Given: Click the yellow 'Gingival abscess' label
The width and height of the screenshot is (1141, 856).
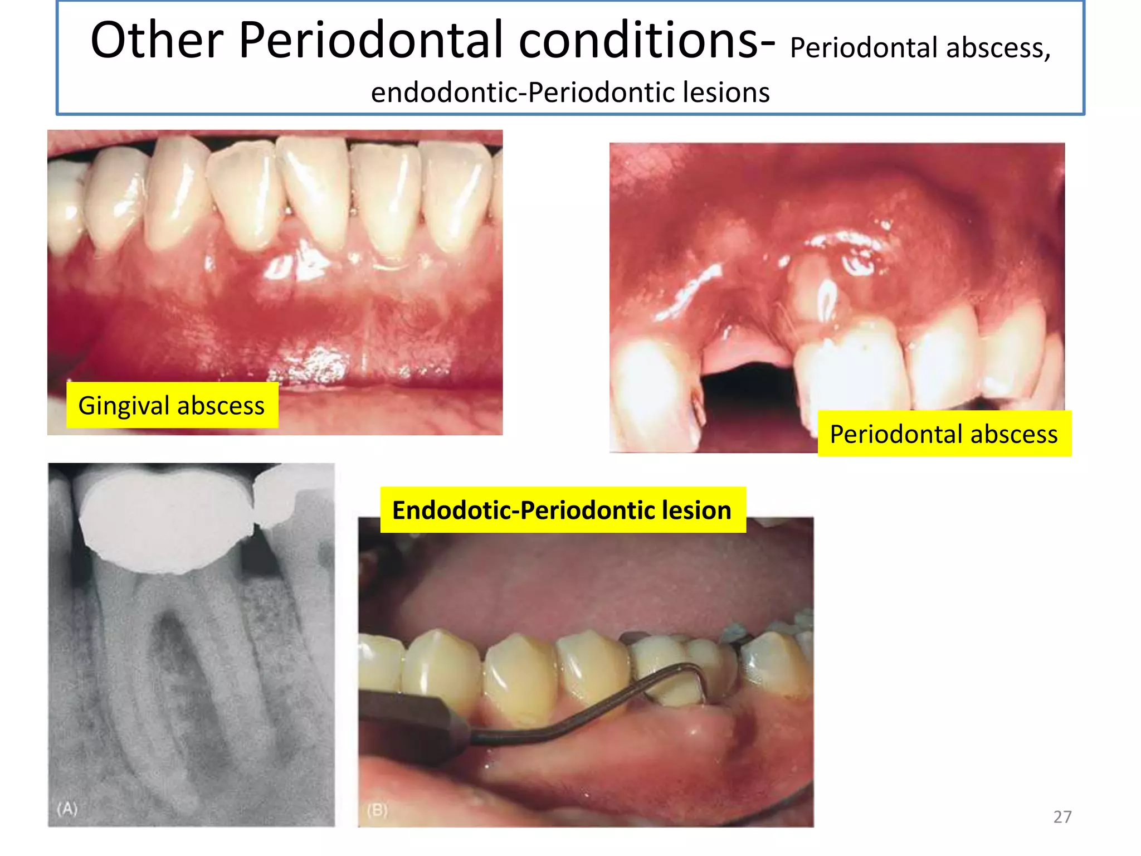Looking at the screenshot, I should click(x=172, y=405).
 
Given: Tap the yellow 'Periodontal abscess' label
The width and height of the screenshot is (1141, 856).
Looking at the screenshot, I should click(x=944, y=434).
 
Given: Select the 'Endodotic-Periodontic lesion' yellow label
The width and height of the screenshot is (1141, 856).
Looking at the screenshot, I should click(x=562, y=510).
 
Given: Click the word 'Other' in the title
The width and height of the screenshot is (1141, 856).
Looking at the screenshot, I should click(x=157, y=40).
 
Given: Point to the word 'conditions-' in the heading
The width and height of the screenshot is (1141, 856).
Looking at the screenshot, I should click(x=647, y=40).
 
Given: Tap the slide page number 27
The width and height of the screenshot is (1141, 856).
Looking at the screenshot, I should click(x=1062, y=817).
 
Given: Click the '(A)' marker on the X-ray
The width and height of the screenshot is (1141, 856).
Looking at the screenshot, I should click(x=67, y=808).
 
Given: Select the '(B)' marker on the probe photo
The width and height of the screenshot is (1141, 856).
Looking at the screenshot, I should click(x=377, y=810).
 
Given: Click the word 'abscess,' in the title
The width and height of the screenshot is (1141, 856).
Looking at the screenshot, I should click(x=998, y=48).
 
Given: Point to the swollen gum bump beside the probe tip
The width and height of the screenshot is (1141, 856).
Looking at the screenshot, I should click(x=708, y=730).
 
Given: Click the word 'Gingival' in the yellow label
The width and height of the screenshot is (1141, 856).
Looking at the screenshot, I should click(x=124, y=405).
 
